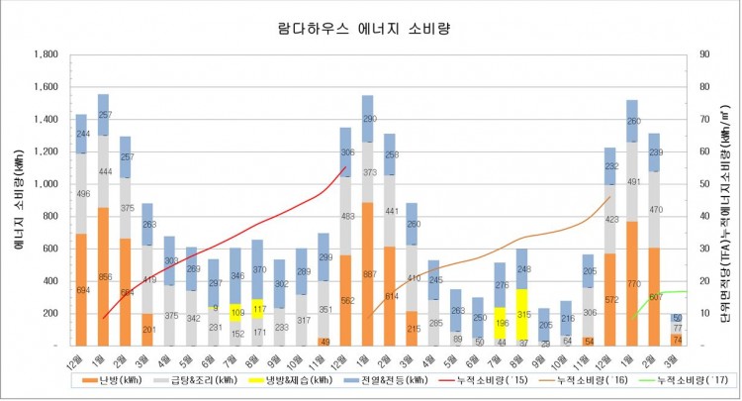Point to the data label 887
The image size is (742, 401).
[368, 274]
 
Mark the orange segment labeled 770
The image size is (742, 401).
[631, 282]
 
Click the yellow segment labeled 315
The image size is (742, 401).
[521, 315]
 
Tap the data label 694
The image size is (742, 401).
[81, 289]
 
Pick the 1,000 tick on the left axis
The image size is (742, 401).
[45, 184]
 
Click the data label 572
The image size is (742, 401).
[611, 299]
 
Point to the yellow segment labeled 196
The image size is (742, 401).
[501, 322]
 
